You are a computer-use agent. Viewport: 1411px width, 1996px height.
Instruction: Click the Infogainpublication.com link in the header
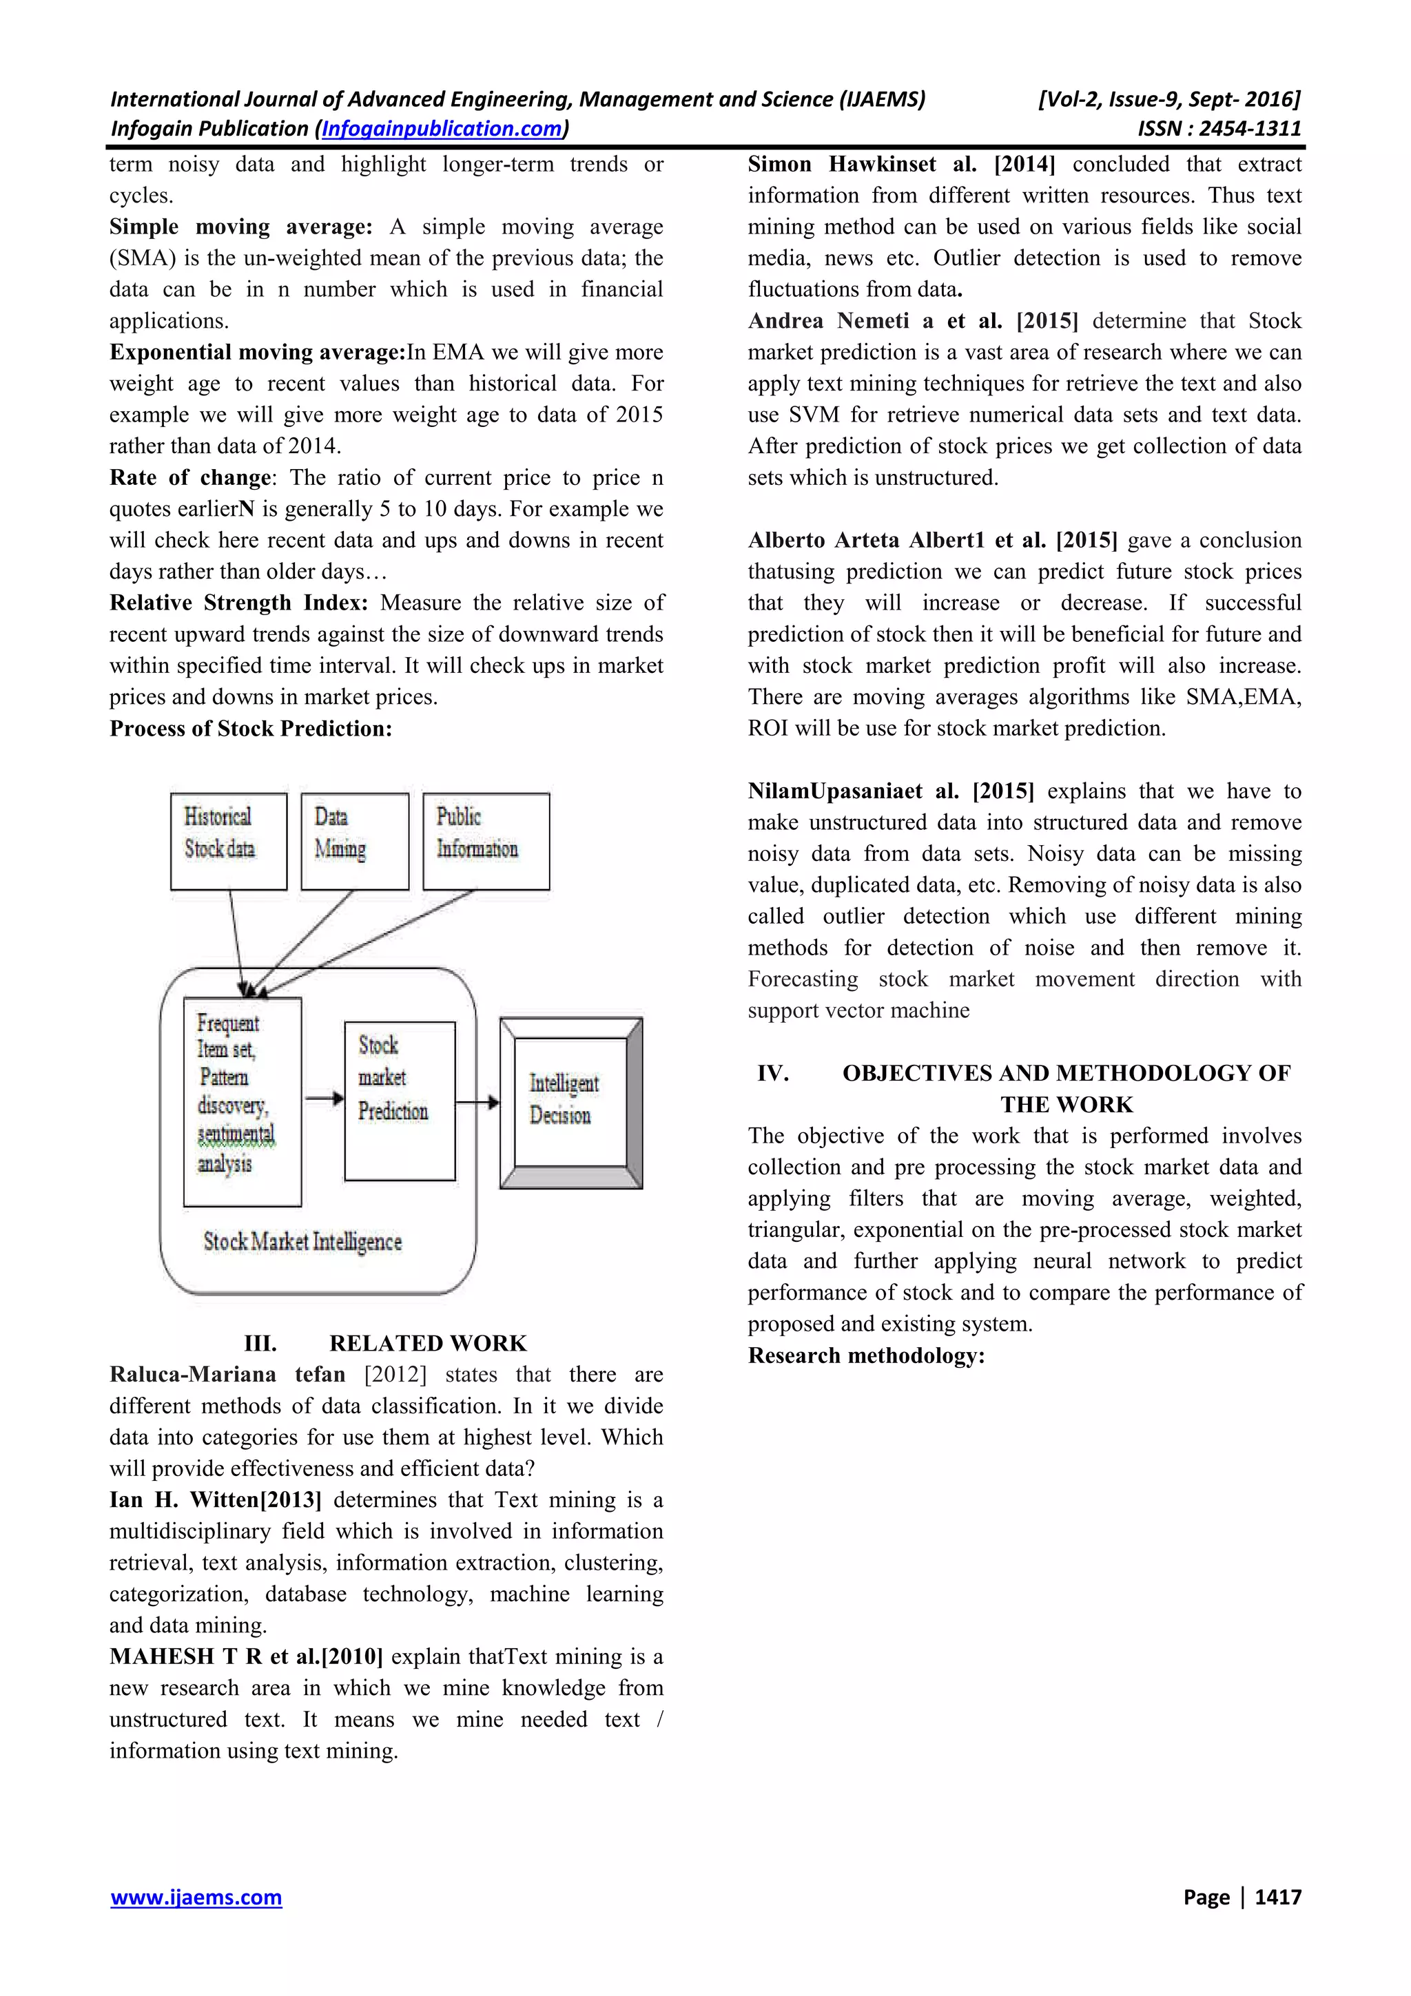(442, 129)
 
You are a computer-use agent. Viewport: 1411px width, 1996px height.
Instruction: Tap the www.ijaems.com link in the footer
(196, 1897)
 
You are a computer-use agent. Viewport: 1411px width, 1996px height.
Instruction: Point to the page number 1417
(1277, 1897)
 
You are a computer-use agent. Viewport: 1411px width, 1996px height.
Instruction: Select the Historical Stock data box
(228, 841)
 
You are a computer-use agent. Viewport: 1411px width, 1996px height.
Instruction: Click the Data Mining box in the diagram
(355, 841)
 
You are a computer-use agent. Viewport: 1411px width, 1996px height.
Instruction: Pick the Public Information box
(485, 841)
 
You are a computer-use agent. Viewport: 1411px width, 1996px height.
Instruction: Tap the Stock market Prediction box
(399, 1100)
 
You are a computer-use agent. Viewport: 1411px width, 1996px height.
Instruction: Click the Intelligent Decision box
(570, 1101)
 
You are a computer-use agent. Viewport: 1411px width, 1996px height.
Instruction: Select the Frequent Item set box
(242, 1101)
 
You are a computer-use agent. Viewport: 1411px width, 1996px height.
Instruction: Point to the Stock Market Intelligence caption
(302, 1241)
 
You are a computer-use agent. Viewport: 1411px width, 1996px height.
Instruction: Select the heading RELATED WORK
(428, 1343)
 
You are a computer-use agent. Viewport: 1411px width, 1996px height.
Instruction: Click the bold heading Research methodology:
(866, 1355)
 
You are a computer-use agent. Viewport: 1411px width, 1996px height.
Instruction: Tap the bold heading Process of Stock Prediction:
(250, 729)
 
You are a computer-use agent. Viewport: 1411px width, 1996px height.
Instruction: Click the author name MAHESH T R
(186, 1656)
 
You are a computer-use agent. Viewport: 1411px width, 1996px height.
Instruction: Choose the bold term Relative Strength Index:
(238, 603)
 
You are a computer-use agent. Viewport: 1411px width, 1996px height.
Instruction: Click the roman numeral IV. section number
(772, 1073)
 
